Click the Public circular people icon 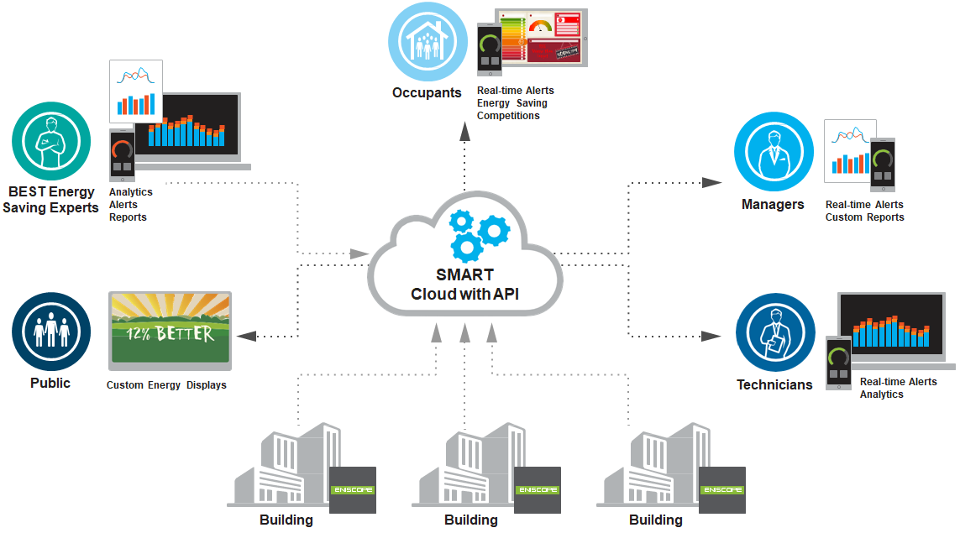pyautogui.click(x=51, y=332)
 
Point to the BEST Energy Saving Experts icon pyautogui.click(x=50, y=140)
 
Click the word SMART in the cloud pyautogui.click(x=464, y=275)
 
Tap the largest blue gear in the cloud pyautogui.click(x=466, y=246)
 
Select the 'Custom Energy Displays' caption pyautogui.click(x=166, y=385)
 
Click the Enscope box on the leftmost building pyautogui.click(x=352, y=489)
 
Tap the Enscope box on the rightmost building pyautogui.click(x=721, y=489)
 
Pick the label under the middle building pyautogui.click(x=470, y=520)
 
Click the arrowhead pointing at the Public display pyautogui.click(x=246, y=336)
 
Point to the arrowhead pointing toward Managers pyautogui.click(x=712, y=182)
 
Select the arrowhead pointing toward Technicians pyautogui.click(x=712, y=336)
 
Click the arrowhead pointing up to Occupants pyautogui.click(x=464, y=130)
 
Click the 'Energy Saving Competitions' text pyautogui.click(x=511, y=109)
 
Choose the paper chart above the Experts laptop pyautogui.click(x=136, y=91)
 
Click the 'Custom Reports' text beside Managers pyautogui.click(x=864, y=217)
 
